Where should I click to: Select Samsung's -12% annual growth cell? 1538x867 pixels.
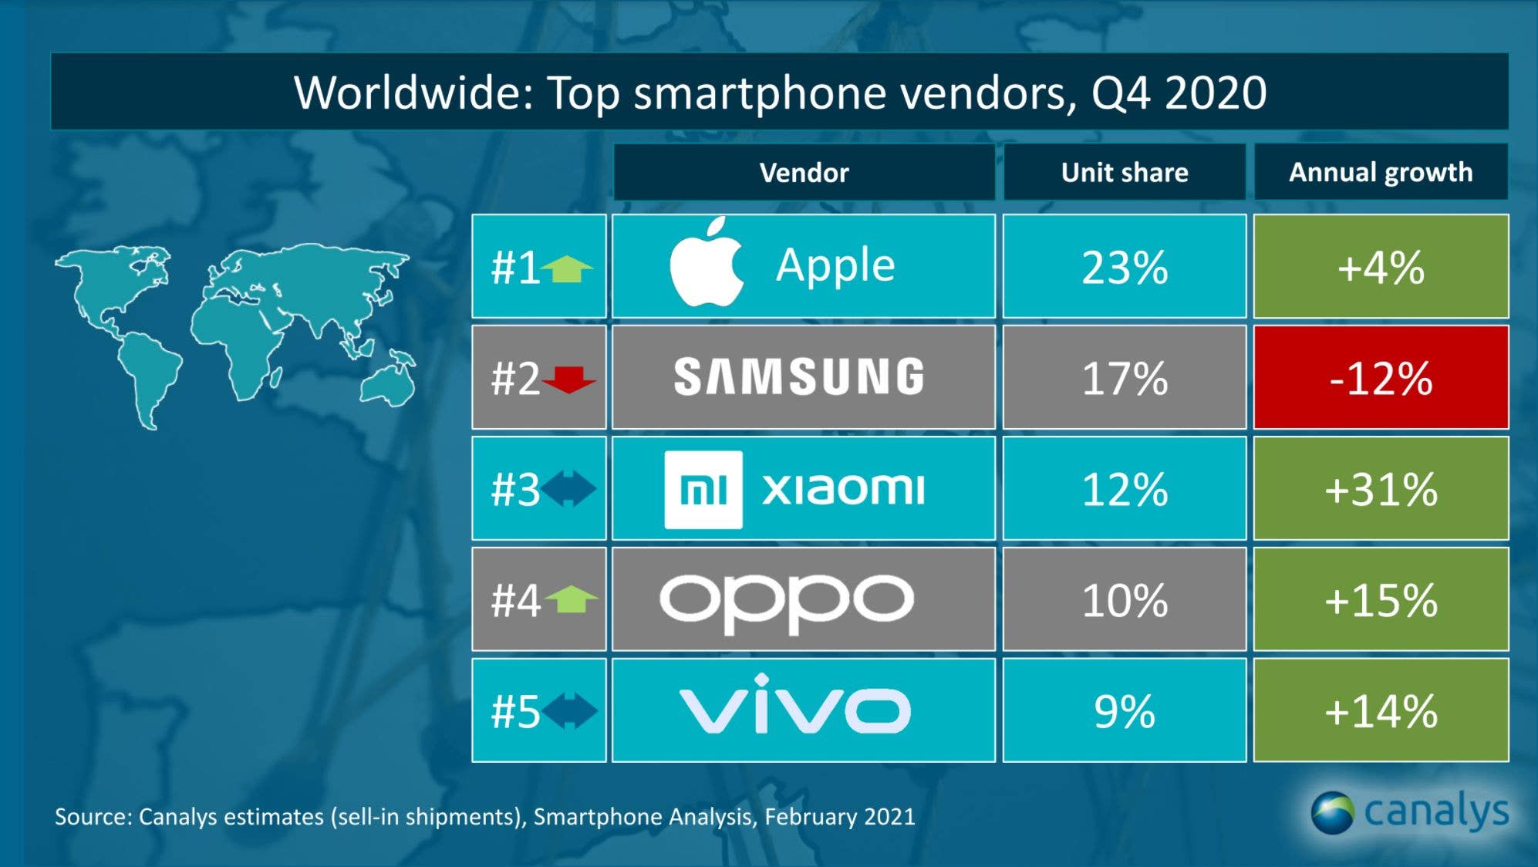pos(1381,377)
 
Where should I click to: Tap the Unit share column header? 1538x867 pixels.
pos(1124,172)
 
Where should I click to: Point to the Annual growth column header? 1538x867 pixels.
pos(1381,172)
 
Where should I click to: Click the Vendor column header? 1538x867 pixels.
pos(804,172)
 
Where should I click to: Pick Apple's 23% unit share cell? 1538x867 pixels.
pos(1124,267)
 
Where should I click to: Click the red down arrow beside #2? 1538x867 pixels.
pos(569,379)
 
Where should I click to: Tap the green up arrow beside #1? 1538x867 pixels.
pos(567,268)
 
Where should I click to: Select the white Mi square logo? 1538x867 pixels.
pos(703,489)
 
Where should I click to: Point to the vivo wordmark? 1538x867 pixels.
pos(794,706)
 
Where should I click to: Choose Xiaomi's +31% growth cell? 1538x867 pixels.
pos(1381,489)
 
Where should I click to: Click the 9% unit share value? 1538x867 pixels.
pos(1124,711)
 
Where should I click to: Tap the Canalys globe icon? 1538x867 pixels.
pos(1332,812)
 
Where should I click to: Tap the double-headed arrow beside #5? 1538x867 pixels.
pos(569,710)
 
